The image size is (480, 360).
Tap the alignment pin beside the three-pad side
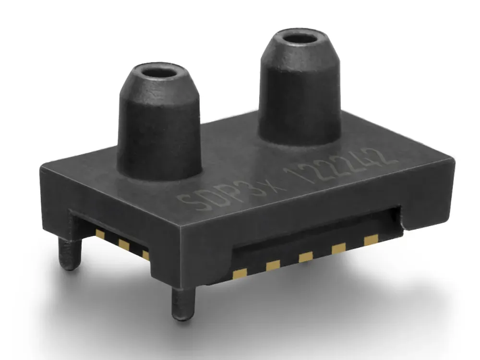click(x=68, y=253)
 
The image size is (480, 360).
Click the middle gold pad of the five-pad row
click(x=306, y=257)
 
